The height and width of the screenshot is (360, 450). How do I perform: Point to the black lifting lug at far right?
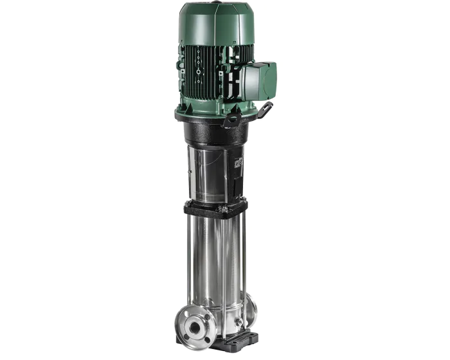(264, 110)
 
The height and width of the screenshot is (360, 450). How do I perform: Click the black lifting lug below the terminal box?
(233, 119)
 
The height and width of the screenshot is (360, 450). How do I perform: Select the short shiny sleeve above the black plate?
(212, 174)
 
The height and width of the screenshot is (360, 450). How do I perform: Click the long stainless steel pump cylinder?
(215, 264)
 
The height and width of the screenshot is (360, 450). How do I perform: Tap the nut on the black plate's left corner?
(190, 204)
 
